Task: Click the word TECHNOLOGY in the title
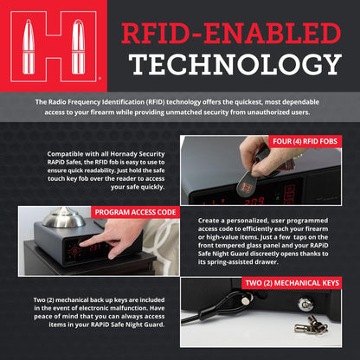236,64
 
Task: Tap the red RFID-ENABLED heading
231,33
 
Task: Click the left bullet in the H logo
29,47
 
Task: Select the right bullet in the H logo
78,47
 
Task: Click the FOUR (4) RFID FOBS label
305,141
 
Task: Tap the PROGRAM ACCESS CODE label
135,212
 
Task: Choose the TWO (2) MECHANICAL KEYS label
292,283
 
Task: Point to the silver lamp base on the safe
63,218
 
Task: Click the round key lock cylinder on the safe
305,304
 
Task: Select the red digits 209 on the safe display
254,202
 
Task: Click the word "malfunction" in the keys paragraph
128,308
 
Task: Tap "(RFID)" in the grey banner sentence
155,102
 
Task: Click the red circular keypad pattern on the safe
74,251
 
